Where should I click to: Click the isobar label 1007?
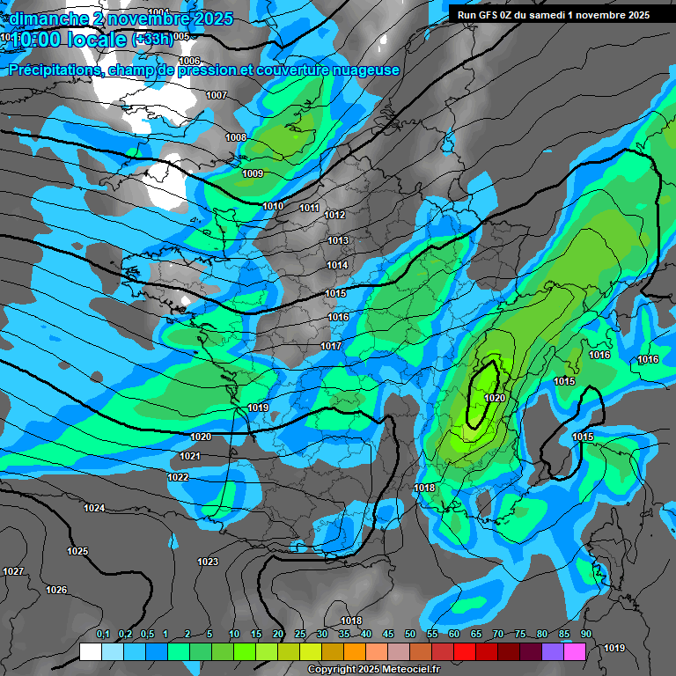pos(217,95)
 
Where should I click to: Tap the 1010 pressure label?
pos(273,206)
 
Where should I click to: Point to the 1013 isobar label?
pos(338,240)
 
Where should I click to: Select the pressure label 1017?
pos(331,346)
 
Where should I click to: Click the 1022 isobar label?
pos(178,477)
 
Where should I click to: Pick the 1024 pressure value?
pos(94,508)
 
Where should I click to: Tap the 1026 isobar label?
pos(56,590)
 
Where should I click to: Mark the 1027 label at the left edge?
pos(13,571)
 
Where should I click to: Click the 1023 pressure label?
pos(208,562)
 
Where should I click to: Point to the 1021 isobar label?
pos(190,456)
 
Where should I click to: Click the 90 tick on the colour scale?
pos(585,635)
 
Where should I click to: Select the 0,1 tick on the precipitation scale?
pos(102,635)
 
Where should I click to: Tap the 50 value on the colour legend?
pos(410,635)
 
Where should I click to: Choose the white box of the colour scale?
pos(90,651)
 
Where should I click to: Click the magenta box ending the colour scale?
pos(575,651)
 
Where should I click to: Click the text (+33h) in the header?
pos(152,40)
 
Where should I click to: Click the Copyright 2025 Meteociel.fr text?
pos(372,669)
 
